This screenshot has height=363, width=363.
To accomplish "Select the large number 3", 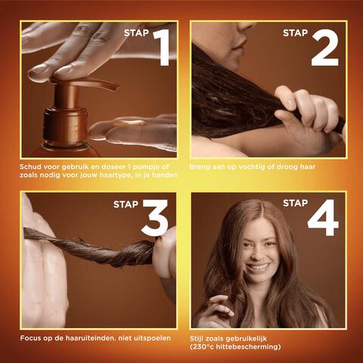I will pyautogui.click(x=155, y=219).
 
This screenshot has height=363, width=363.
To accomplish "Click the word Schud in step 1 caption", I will pyautogui.click(x=33, y=166).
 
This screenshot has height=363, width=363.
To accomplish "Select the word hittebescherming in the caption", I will pyautogui.click(x=253, y=346).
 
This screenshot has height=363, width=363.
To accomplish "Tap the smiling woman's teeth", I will pyautogui.click(x=258, y=267).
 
